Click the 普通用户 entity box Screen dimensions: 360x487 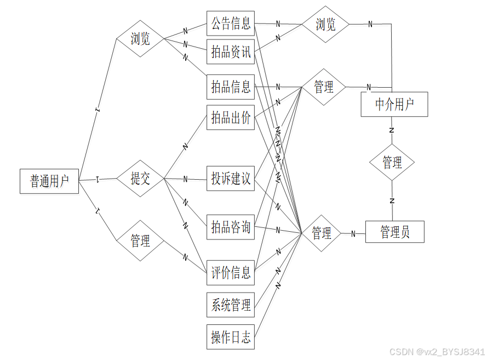pyautogui.click(x=49, y=181)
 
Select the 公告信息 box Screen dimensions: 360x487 pyautogui.click(x=231, y=23)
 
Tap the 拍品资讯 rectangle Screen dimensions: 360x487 pyautogui.click(x=231, y=52)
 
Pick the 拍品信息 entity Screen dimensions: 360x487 pyautogui.click(x=231, y=87)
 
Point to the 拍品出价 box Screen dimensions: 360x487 pyautogui.click(x=231, y=117)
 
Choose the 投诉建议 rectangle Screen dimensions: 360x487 pyautogui.click(x=231, y=178)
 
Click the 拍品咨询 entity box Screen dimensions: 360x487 pyautogui.click(x=231, y=227)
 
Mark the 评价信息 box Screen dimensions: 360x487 pyautogui.click(x=231, y=272)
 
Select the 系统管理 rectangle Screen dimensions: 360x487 pyautogui.click(x=231, y=305)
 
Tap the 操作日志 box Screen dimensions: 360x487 pyautogui.click(x=231, y=337)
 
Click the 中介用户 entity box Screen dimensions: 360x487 pyautogui.click(x=394, y=104)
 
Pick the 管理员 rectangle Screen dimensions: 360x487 pyautogui.click(x=394, y=232)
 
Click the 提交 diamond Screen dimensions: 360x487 pyautogui.click(x=141, y=178)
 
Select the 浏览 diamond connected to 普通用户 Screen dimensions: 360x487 pyautogui.click(x=141, y=38)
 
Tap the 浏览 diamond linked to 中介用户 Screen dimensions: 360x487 pyautogui.click(x=325, y=24)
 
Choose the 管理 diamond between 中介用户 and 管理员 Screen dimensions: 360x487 pyautogui.click(x=392, y=162)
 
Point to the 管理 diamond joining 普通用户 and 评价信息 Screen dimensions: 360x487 pyautogui.click(x=141, y=240)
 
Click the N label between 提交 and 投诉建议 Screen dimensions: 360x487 pyautogui.click(x=185, y=179)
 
